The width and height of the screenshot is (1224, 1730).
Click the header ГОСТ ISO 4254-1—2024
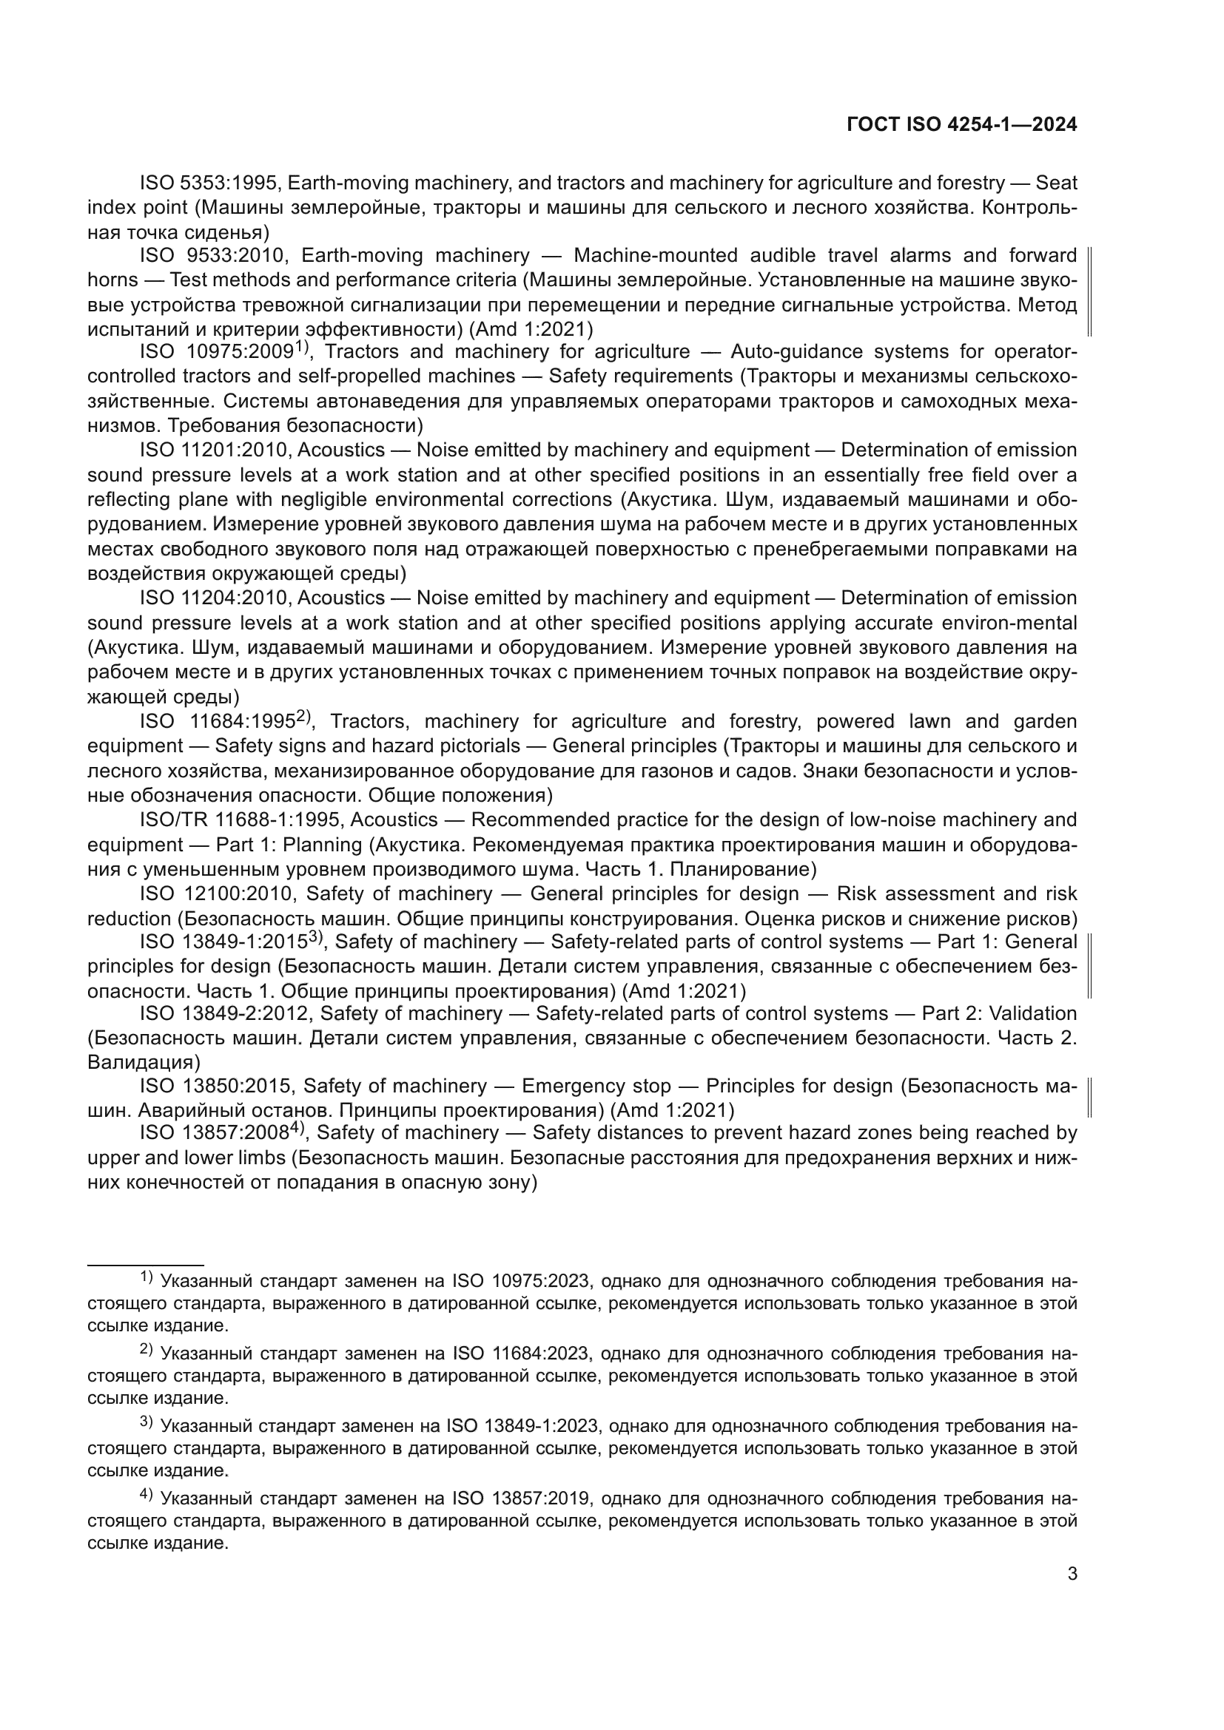tap(962, 125)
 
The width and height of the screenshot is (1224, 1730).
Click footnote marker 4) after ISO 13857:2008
tap(297, 1128)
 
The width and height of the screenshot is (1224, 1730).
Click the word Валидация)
tap(144, 1062)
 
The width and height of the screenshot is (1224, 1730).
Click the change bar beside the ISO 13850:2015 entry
tap(1091, 1097)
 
